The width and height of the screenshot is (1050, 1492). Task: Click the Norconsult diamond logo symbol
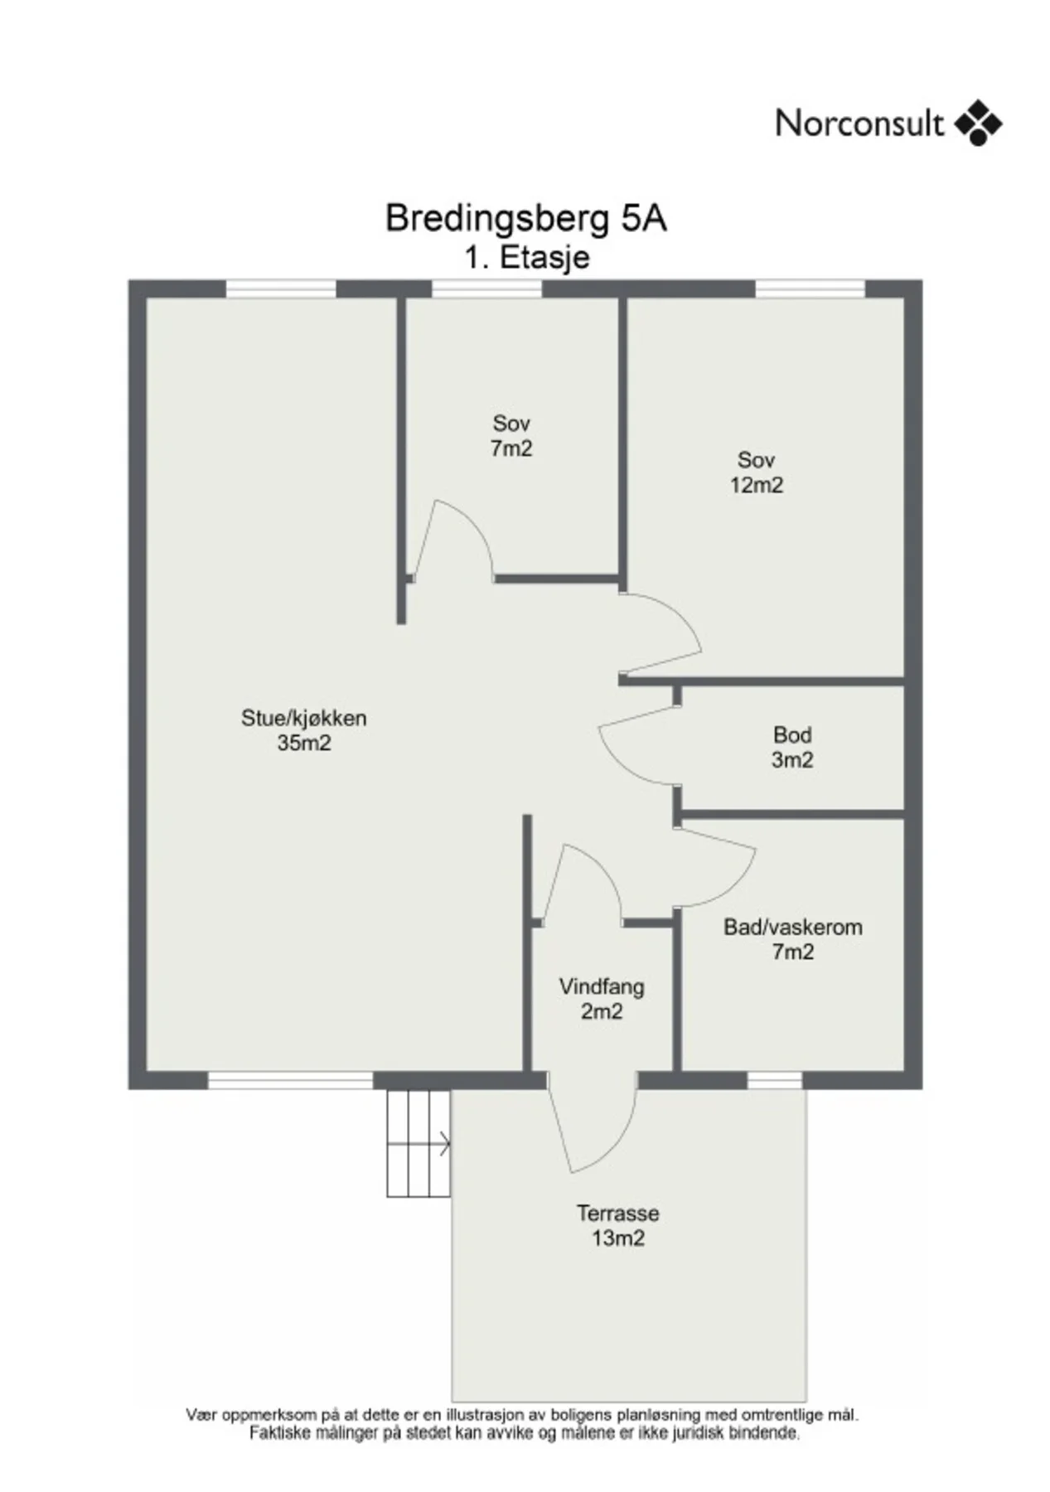[978, 124]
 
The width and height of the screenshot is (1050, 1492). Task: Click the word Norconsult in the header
[859, 124]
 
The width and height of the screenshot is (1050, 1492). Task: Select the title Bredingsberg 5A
[526, 218]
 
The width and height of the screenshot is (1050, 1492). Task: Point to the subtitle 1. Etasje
[527, 257]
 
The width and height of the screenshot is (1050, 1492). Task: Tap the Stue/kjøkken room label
[303, 719]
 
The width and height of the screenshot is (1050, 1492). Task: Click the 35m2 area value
[304, 744]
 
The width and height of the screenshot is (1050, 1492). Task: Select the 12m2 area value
[757, 486]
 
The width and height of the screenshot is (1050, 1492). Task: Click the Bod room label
[792, 735]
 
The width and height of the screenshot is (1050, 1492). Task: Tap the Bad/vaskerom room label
[793, 928]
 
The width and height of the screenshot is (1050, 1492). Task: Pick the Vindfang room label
[602, 987]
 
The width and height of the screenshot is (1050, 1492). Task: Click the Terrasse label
[618, 1213]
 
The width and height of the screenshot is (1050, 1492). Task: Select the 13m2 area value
[618, 1238]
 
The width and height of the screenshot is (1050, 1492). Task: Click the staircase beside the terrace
[419, 1143]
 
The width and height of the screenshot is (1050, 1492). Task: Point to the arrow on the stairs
[444, 1145]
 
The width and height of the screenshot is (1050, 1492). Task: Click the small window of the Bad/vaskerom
[775, 1080]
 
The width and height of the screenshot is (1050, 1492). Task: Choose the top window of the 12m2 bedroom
[810, 288]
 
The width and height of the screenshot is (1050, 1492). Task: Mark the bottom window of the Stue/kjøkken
[290, 1080]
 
